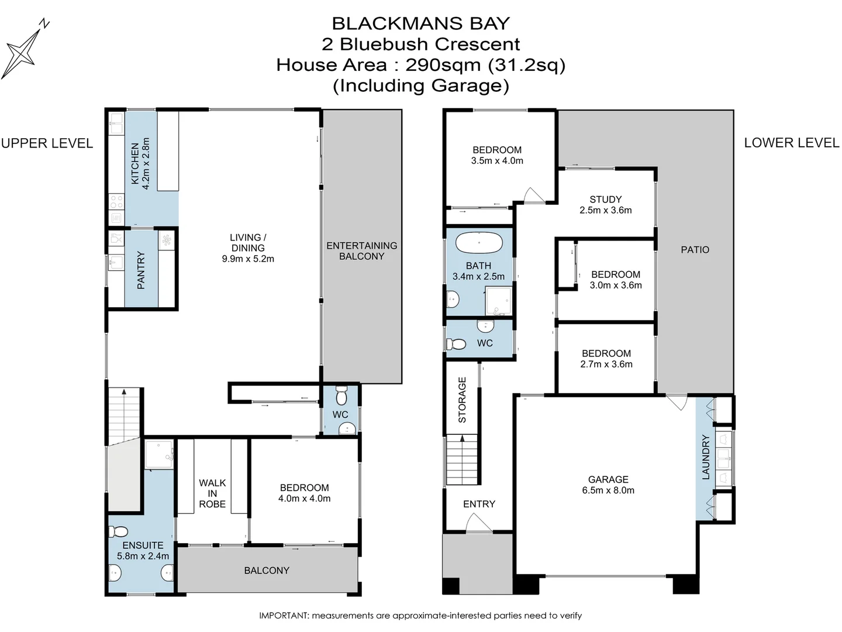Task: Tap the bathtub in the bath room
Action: [479, 242]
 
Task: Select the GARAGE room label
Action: [608, 479]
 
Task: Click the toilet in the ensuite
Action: [119, 532]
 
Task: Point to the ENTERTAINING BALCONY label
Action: [361, 250]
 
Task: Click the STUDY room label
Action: [605, 199]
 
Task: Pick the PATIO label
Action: [695, 249]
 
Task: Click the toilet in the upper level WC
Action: [342, 397]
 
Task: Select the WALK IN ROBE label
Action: [212, 493]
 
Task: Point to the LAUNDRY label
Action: [705, 457]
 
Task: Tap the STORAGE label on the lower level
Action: [462, 400]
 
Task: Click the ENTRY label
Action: [479, 504]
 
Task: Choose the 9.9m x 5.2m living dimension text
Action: [248, 259]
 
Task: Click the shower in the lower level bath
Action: [498, 301]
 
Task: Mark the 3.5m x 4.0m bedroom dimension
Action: [497, 160]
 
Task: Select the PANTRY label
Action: [141, 270]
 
